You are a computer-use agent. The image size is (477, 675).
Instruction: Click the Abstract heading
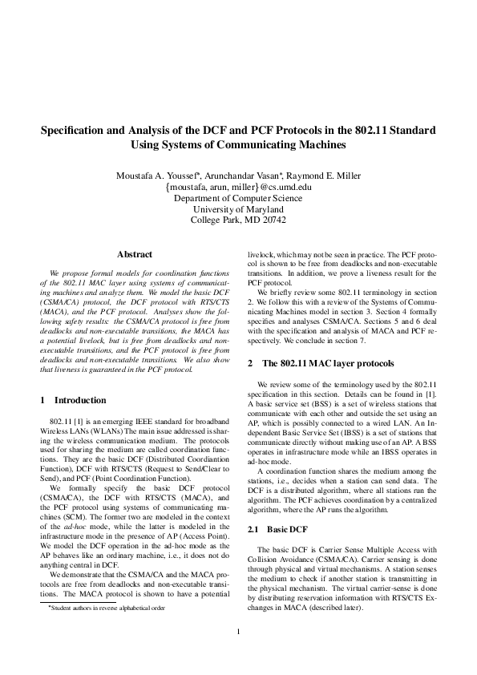(135, 254)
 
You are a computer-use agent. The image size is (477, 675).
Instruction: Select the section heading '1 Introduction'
(72, 399)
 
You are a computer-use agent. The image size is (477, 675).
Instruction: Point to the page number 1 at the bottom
(239, 631)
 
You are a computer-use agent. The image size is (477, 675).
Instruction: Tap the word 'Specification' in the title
(71, 129)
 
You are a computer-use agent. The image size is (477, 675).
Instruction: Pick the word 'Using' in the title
(145, 145)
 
